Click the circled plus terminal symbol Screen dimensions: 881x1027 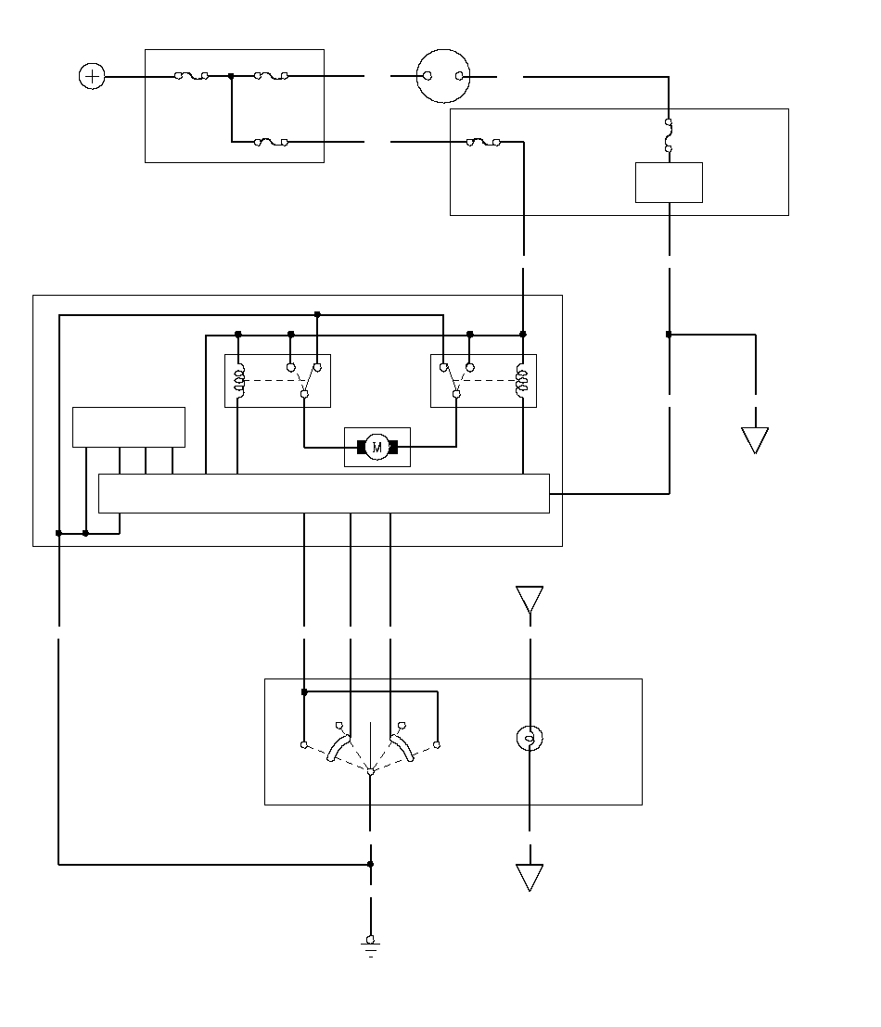click(92, 76)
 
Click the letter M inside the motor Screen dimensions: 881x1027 click(377, 448)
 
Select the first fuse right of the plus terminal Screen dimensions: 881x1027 click(191, 76)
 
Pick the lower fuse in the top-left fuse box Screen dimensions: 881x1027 click(271, 142)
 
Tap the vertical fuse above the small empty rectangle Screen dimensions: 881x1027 click(669, 135)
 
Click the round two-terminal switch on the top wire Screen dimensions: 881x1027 click(444, 76)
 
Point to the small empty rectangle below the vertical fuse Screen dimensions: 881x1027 click(669, 182)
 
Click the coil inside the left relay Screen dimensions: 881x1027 click(239, 381)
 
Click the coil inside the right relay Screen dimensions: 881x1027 click(522, 381)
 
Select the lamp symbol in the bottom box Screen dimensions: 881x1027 click(530, 738)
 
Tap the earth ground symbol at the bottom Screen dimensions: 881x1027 click(370, 946)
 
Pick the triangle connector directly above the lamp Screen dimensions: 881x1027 click(530, 600)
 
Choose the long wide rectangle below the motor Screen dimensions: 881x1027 click(324, 493)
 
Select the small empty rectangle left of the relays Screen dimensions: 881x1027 click(129, 427)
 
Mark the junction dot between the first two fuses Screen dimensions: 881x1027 click(231, 76)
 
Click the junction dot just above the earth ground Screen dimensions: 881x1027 click(370, 864)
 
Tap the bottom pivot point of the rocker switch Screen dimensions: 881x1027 click(370, 772)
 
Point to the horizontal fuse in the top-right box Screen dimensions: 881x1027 click(483, 142)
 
